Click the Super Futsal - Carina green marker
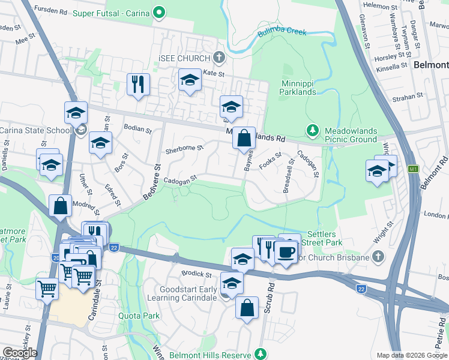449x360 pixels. pos(158,12)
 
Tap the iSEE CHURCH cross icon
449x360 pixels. pos(219,58)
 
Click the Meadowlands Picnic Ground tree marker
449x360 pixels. pos(312,130)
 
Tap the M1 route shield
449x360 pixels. pos(412,169)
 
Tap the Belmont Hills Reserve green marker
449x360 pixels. pos(261,354)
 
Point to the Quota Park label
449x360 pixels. pos(143,316)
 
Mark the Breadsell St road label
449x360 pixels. pos(289,175)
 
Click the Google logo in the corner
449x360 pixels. pos(19,353)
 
